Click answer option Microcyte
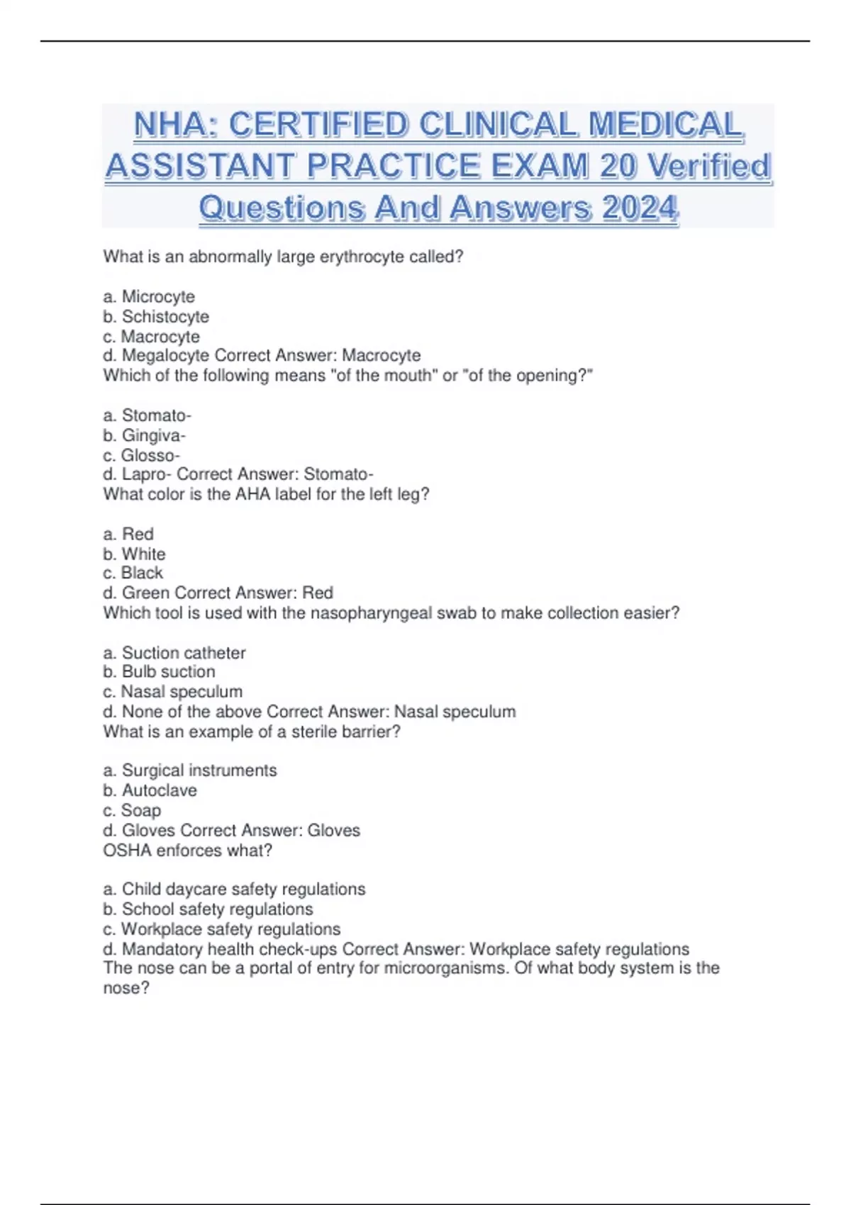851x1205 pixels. [x=157, y=296]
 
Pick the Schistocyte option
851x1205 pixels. [x=165, y=316]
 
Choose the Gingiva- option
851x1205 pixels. [x=153, y=435]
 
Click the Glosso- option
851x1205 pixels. [x=150, y=455]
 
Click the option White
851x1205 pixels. [x=143, y=554]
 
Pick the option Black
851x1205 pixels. [x=142, y=573]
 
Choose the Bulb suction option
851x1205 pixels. [x=168, y=671]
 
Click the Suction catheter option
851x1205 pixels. [x=184, y=653]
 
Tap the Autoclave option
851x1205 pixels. [x=159, y=790]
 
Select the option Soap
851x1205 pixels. [x=141, y=810]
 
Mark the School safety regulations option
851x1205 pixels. [x=217, y=909]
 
